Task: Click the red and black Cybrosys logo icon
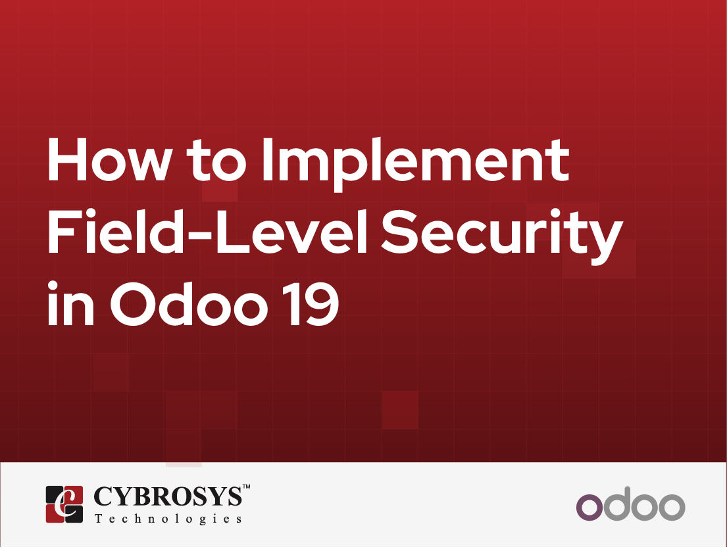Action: pos(64,504)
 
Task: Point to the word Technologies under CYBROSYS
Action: pos(168,519)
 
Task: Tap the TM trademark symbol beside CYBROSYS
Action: pos(247,487)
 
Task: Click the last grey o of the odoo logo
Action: pos(672,508)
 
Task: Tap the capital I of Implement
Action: pos(269,161)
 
